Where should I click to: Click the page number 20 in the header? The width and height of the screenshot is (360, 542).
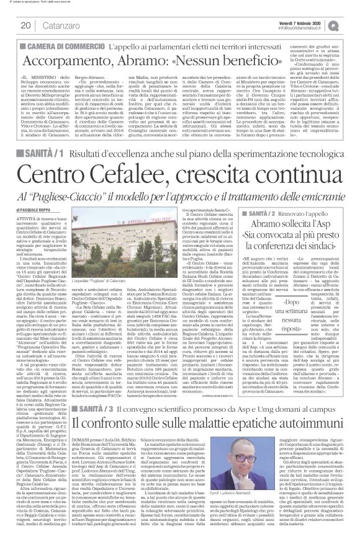(25, 25)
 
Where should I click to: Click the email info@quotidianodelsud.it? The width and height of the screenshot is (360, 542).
(302, 27)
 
